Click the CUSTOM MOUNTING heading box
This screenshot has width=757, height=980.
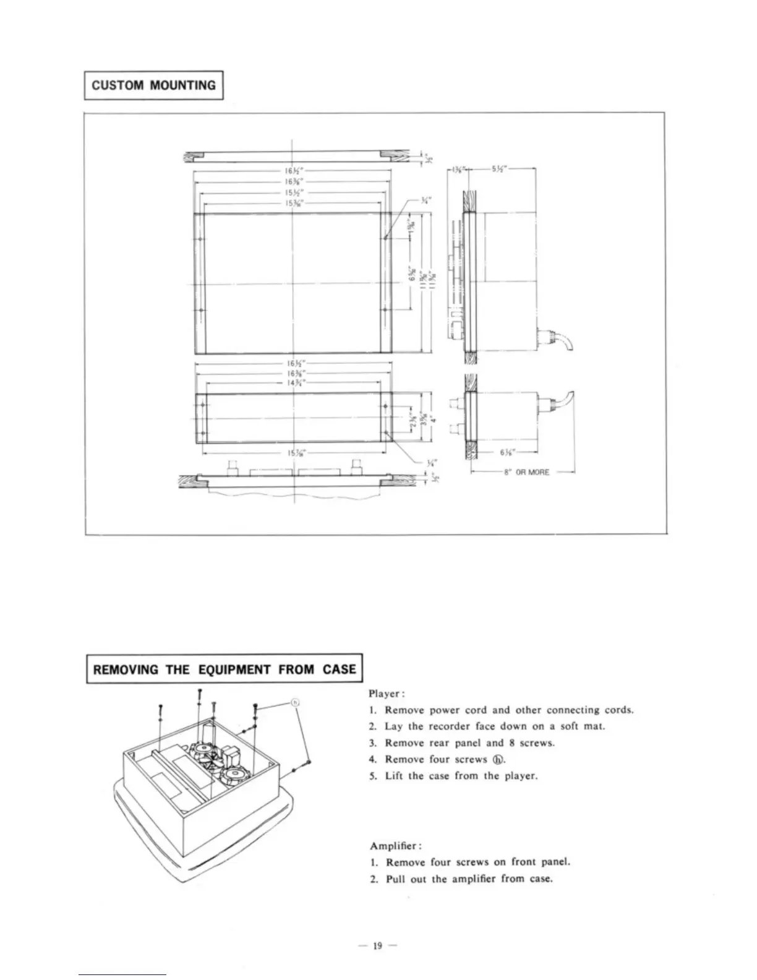click(x=153, y=85)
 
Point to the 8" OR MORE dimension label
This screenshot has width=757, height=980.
click(x=524, y=472)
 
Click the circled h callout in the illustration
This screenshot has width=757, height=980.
click(x=295, y=702)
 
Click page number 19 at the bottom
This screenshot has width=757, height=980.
click(x=378, y=945)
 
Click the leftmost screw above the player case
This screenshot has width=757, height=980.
click(x=160, y=708)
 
